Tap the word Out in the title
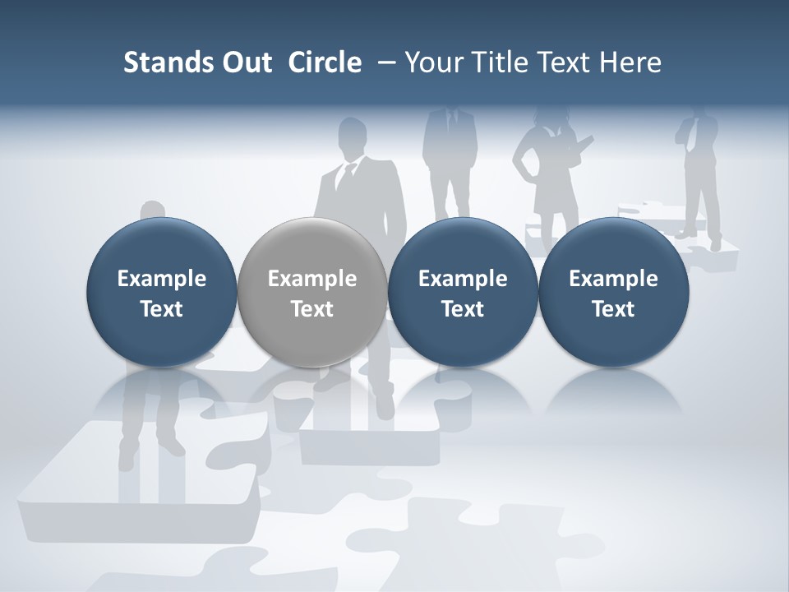coord(244,62)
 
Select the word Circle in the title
coord(325,62)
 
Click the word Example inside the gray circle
coord(312,279)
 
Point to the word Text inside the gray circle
coord(312,309)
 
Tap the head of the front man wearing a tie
coord(353,136)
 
